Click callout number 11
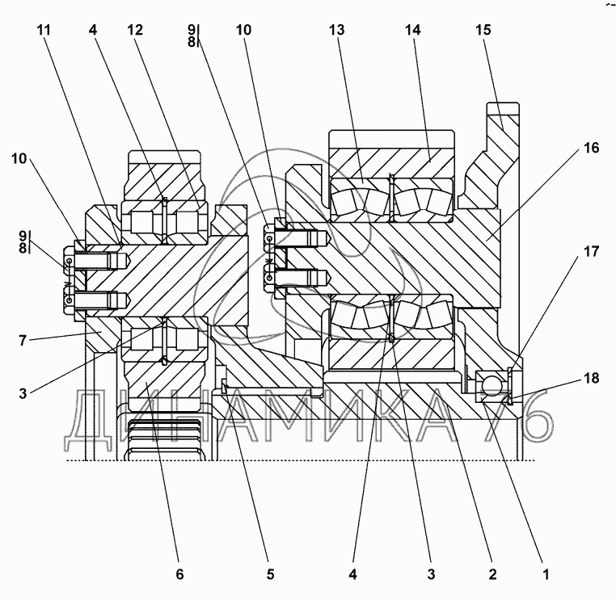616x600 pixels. point(44,30)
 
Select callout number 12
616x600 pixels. point(135,30)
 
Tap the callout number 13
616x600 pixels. point(336,30)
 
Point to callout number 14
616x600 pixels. point(412,30)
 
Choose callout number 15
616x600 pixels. point(483,30)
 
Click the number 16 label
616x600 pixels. point(591,148)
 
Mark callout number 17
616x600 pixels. point(591,251)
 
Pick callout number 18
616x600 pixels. point(591,378)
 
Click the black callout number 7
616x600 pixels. point(23,340)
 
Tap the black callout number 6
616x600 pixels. point(179,574)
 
